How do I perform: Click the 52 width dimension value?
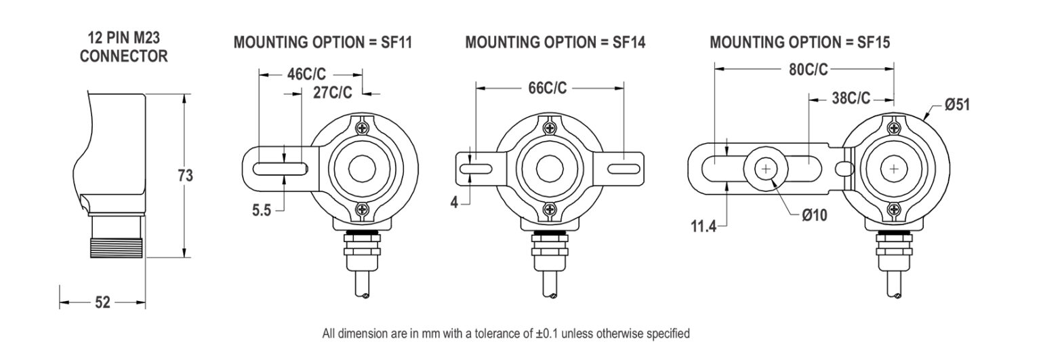pyautogui.click(x=102, y=302)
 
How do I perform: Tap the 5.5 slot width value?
pyautogui.click(x=262, y=211)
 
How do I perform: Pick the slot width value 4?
pyautogui.click(x=455, y=201)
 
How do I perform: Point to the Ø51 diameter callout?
pyautogui.click(x=957, y=106)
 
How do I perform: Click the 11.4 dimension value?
pyautogui.click(x=703, y=226)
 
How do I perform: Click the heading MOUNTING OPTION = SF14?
pyautogui.click(x=555, y=43)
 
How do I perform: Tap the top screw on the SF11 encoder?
pyautogui.click(x=364, y=127)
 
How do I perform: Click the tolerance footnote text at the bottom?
pyautogui.click(x=506, y=334)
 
